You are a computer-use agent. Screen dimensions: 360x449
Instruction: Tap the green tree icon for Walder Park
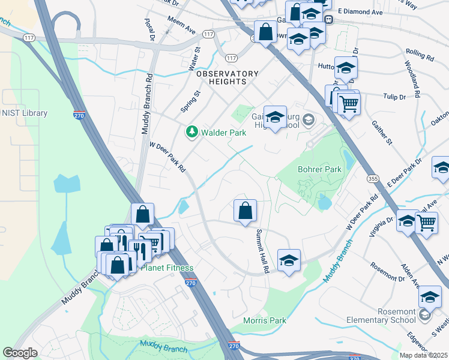click(192, 131)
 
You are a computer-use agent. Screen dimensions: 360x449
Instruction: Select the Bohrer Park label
click(319, 169)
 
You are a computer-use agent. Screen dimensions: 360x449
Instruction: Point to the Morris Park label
click(265, 320)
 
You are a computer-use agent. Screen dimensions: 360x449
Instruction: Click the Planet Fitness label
click(167, 268)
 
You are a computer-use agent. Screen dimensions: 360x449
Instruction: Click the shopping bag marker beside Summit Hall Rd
click(245, 211)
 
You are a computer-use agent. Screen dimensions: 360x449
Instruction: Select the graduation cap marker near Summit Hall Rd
click(289, 261)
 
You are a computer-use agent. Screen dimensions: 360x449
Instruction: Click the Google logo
click(20, 353)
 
